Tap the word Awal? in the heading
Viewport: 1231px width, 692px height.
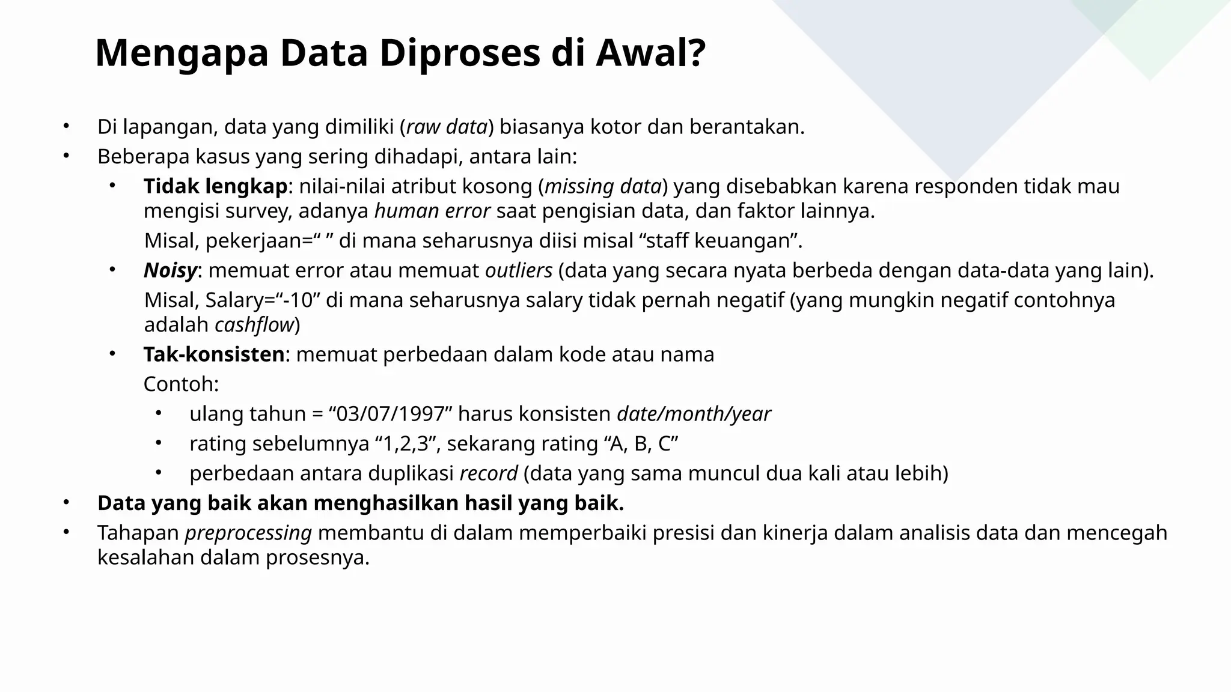point(650,54)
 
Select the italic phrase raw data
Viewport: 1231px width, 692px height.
point(447,127)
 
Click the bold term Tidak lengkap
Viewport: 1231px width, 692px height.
point(215,187)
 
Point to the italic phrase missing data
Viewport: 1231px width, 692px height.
point(603,187)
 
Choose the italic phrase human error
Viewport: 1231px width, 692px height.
point(432,211)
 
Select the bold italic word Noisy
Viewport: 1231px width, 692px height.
point(170,271)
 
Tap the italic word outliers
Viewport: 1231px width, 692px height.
point(519,271)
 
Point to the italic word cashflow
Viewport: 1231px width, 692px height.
point(254,325)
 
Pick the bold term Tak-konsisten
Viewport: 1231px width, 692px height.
point(213,354)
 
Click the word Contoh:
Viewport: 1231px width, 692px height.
point(181,384)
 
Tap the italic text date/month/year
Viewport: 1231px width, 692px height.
point(694,414)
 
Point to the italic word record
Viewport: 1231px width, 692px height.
point(488,474)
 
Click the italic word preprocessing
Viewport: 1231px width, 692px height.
point(248,533)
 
